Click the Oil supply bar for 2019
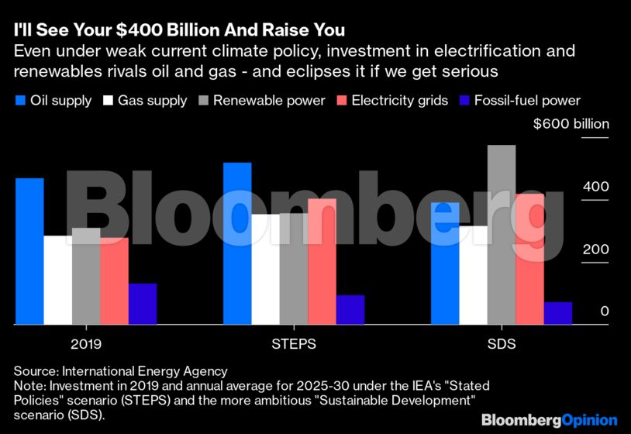pyautogui.click(x=29, y=251)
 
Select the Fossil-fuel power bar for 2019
pyautogui.click(x=143, y=304)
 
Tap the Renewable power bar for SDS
pyautogui.click(x=502, y=234)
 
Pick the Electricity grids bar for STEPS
pyautogui.click(x=322, y=261)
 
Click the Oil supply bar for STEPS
pyautogui.click(x=237, y=243)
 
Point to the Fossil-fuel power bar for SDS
pyautogui.click(x=557, y=313)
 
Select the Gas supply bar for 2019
pyautogui.click(x=57, y=280)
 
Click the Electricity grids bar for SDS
pyautogui.click(x=529, y=259)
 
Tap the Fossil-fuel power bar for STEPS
pyautogui.click(x=350, y=309)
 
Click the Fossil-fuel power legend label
pyautogui.click(x=526, y=101)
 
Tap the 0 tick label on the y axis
pyautogui.click(x=604, y=312)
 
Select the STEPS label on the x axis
pyautogui.click(x=294, y=343)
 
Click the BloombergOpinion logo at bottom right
pyautogui.click(x=549, y=419)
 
